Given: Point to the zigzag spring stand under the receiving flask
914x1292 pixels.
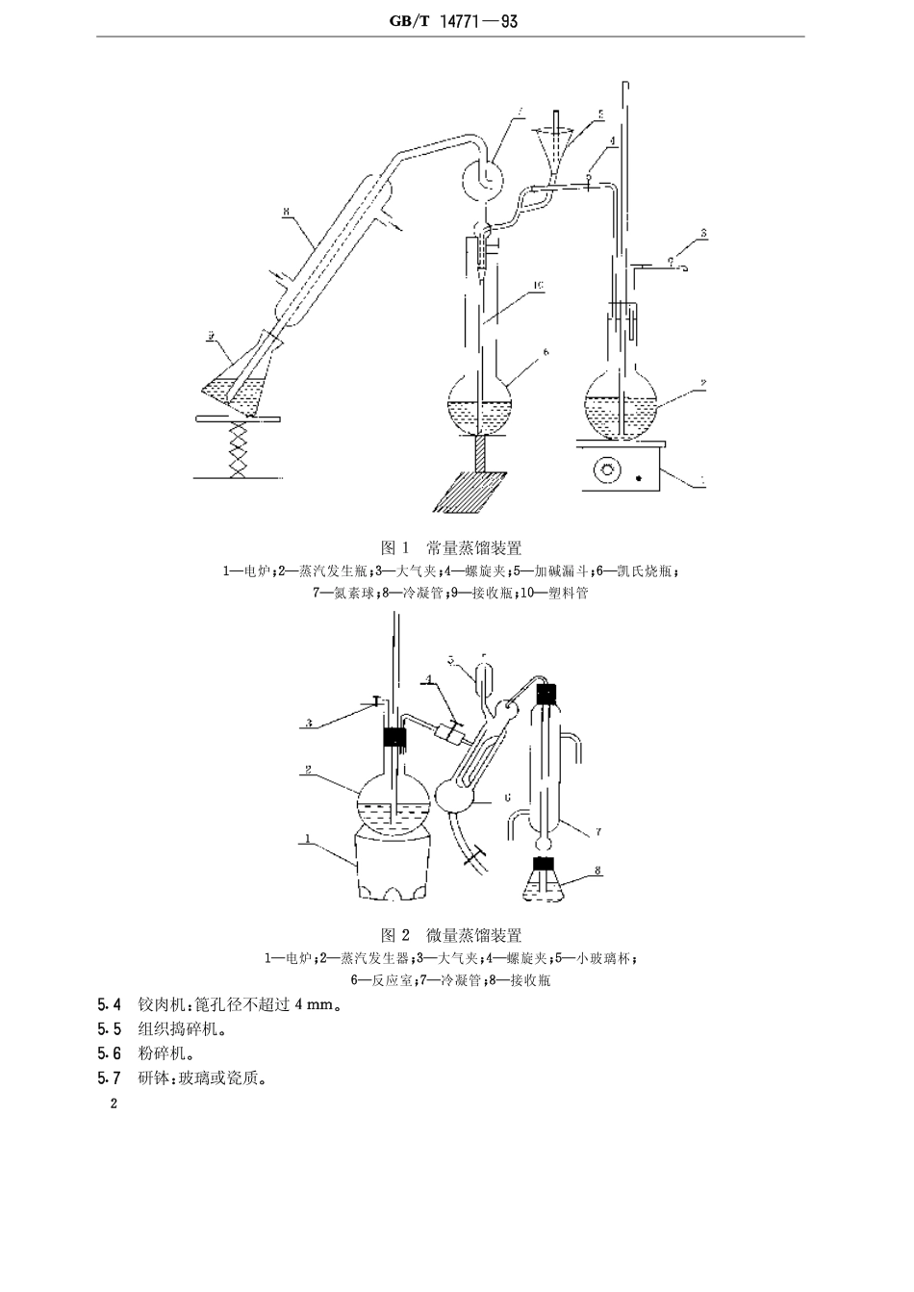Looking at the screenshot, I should coord(237,448).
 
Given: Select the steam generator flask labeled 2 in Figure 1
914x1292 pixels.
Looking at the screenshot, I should coord(622,405).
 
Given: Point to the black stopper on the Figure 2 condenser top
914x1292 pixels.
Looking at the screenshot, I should coord(546,692).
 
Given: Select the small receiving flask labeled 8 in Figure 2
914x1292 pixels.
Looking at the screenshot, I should coord(545,882).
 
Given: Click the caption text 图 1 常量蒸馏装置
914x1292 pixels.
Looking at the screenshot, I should coord(451,548).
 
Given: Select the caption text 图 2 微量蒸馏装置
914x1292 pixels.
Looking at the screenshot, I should coord(451,935).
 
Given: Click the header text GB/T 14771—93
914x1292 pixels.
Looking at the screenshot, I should coord(451,20).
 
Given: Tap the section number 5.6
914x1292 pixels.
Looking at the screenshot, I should coord(110,1053).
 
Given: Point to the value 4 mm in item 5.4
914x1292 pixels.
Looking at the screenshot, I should coord(315,1005).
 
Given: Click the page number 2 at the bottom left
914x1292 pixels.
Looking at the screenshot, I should coord(113,1103).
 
